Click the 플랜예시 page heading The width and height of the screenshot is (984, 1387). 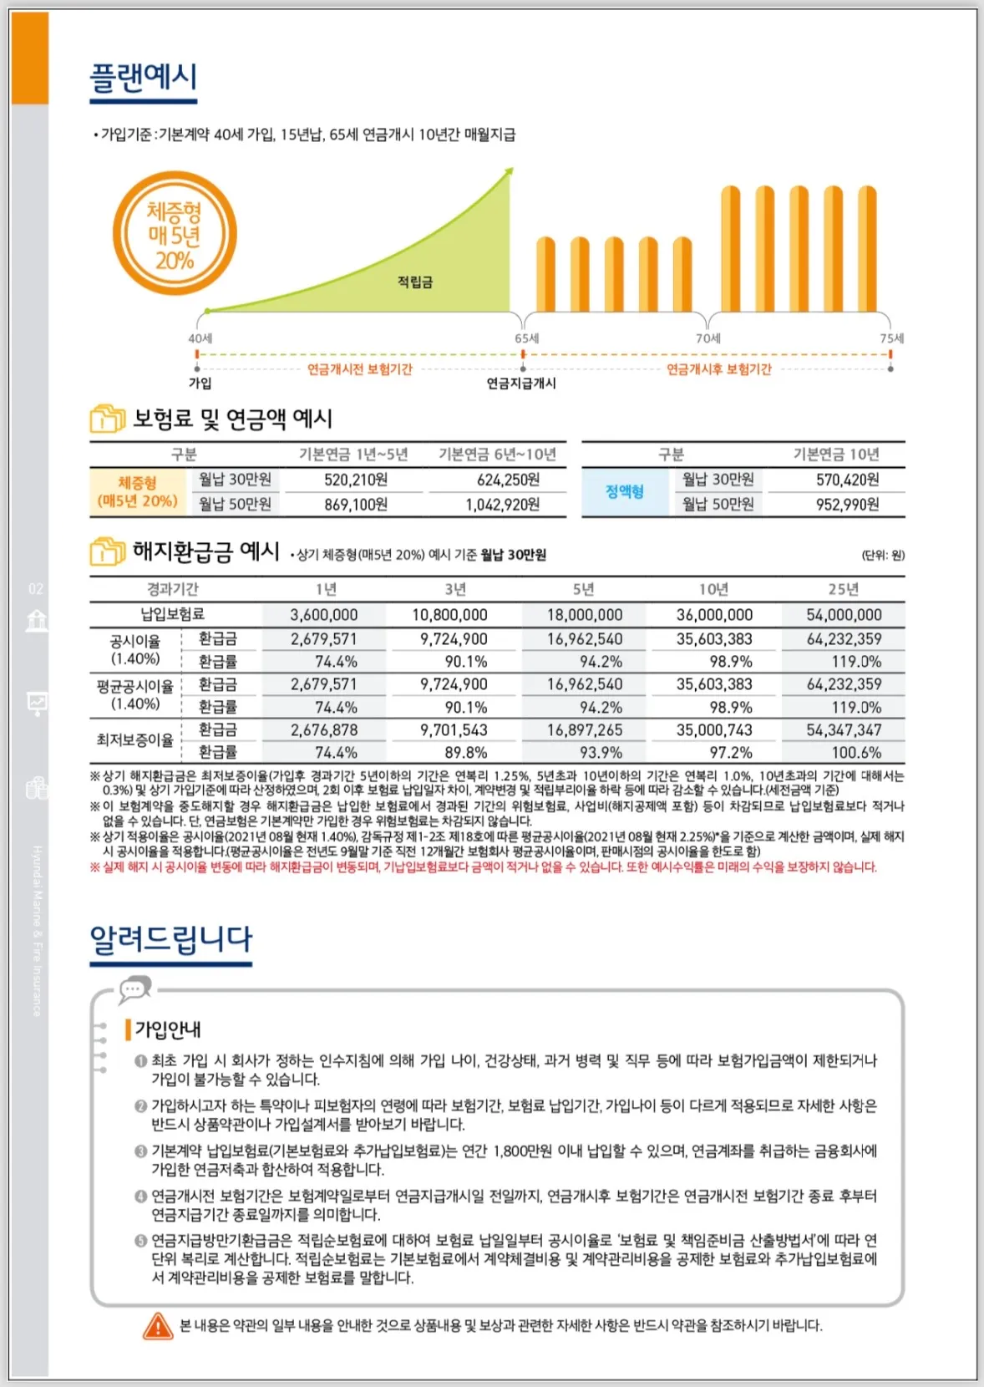[x=143, y=77]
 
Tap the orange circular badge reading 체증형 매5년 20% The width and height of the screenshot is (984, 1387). [x=175, y=234]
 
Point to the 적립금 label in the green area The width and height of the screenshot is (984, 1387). [x=414, y=282]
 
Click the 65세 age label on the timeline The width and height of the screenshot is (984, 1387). [x=526, y=338]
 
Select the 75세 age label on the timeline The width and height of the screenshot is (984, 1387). [x=891, y=338]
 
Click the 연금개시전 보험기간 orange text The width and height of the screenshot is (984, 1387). [x=359, y=369]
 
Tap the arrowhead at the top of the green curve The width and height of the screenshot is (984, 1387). [x=508, y=172]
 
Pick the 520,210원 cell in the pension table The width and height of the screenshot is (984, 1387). [x=356, y=480]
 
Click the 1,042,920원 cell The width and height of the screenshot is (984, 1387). [x=502, y=505]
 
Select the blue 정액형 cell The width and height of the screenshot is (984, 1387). [x=625, y=492]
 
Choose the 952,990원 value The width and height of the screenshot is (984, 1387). [x=847, y=505]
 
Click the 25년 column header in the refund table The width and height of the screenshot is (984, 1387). [x=843, y=590]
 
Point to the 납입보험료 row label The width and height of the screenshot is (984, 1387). [x=173, y=615]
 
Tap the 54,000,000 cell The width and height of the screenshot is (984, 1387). [x=844, y=615]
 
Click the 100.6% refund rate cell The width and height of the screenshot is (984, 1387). [x=855, y=753]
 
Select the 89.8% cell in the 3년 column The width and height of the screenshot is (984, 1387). [x=465, y=753]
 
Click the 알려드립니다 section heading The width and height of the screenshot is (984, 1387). [x=170, y=939]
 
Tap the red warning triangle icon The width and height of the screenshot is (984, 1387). [x=158, y=1325]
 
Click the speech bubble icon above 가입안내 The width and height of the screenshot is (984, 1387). [x=134, y=990]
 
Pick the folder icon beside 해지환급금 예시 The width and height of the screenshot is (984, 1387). [x=107, y=552]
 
